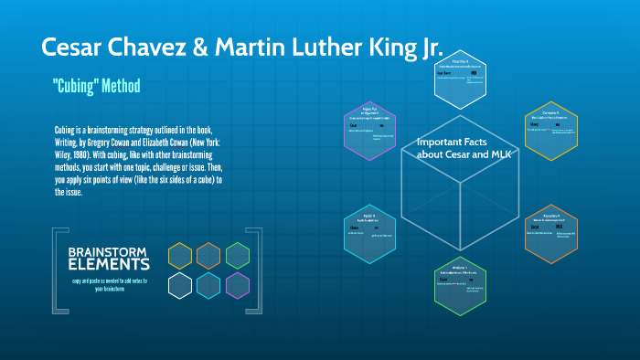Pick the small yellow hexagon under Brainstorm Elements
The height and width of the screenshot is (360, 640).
coord(180,256)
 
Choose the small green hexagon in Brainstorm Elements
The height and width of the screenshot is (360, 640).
coord(238,256)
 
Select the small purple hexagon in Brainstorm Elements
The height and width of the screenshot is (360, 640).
coord(238,285)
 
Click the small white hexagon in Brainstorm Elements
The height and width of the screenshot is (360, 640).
coord(180,285)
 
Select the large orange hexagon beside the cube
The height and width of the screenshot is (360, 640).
coord(551,233)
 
